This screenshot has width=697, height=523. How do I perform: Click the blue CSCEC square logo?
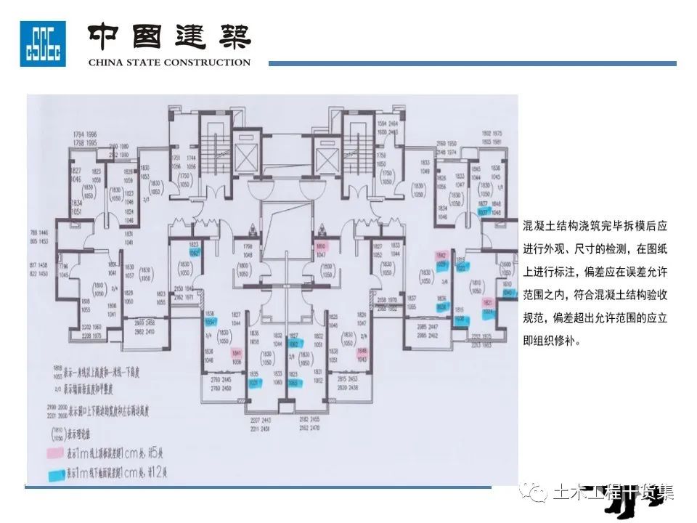(43, 44)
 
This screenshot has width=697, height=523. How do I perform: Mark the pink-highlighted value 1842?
(441, 256)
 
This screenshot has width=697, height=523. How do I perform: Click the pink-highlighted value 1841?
(236, 352)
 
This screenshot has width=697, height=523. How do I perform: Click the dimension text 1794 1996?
(84, 137)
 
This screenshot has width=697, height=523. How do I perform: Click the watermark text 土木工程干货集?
(614, 493)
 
